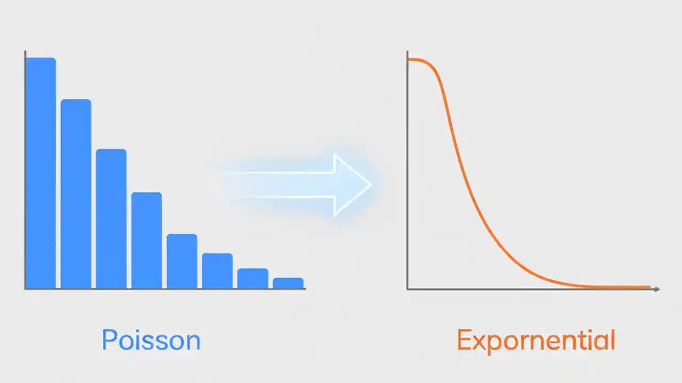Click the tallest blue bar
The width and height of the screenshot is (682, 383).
[x=40, y=173]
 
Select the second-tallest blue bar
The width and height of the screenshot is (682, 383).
[x=76, y=194]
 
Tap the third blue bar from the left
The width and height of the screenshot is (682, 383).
[x=111, y=219]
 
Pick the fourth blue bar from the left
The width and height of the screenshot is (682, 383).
[x=147, y=240]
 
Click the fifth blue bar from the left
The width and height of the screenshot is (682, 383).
[x=182, y=261]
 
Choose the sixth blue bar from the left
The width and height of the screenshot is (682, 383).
[x=217, y=271]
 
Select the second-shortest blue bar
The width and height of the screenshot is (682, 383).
[x=253, y=278]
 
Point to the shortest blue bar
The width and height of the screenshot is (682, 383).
[x=288, y=283]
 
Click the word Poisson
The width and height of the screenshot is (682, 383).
[x=151, y=340]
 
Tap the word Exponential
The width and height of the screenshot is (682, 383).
[x=536, y=340]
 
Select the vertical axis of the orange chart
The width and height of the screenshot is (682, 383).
[x=407, y=170]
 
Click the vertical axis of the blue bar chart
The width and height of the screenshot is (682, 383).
[x=25, y=170]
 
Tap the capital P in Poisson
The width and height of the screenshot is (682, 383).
[x=109, y=340]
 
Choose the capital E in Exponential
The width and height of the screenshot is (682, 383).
[x=464, y=340]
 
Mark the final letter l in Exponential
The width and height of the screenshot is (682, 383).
[x=612, y=340]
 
